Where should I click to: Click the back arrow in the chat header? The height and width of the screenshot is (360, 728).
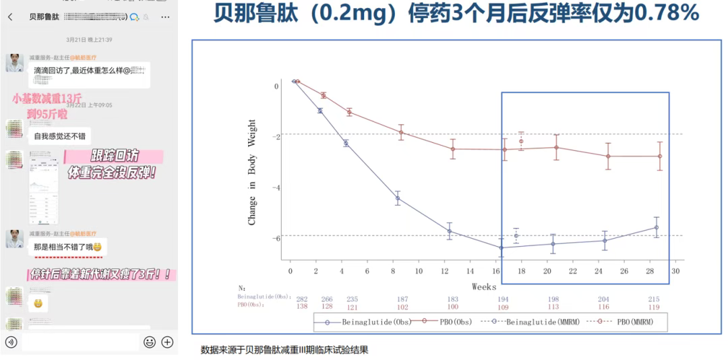point(10,16)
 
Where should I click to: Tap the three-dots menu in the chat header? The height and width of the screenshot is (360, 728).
point(165,16)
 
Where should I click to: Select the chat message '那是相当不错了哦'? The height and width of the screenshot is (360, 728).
point(67,247)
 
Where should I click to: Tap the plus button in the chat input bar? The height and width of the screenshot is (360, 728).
point(167,342)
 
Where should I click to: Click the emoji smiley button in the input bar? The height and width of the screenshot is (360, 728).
point(150,342)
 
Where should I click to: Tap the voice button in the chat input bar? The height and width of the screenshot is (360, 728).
point(10,342)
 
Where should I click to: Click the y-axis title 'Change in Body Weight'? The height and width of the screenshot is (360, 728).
point(252,173)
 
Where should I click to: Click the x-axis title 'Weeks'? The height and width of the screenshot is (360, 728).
point(484,287)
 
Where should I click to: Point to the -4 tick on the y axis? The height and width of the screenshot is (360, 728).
point(276,187)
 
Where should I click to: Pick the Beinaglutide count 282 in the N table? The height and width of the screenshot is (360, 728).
point(302,299)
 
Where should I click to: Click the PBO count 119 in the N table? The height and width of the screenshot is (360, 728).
point(654,307)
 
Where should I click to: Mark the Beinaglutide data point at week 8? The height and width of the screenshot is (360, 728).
point(398,198)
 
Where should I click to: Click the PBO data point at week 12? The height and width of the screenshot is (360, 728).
point(452,149)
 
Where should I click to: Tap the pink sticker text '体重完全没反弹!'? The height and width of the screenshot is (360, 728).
point(112,173)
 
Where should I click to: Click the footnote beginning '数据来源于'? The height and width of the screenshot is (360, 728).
point(284,350)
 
